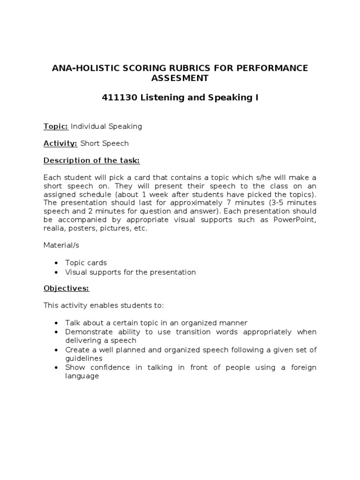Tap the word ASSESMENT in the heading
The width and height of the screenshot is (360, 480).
(180, 78)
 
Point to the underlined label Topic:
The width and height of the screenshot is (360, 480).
(56, 127)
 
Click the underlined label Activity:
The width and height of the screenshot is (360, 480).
(60, 143)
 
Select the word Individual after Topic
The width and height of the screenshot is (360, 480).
(89, 127)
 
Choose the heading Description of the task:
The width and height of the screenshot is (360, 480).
(91, 161)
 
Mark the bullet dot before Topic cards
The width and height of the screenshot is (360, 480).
(56, 263)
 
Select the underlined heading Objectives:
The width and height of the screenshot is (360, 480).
(66, 288)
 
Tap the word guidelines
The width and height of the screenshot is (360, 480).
(83, 358)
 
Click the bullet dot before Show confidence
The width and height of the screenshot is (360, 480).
(56, 367)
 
